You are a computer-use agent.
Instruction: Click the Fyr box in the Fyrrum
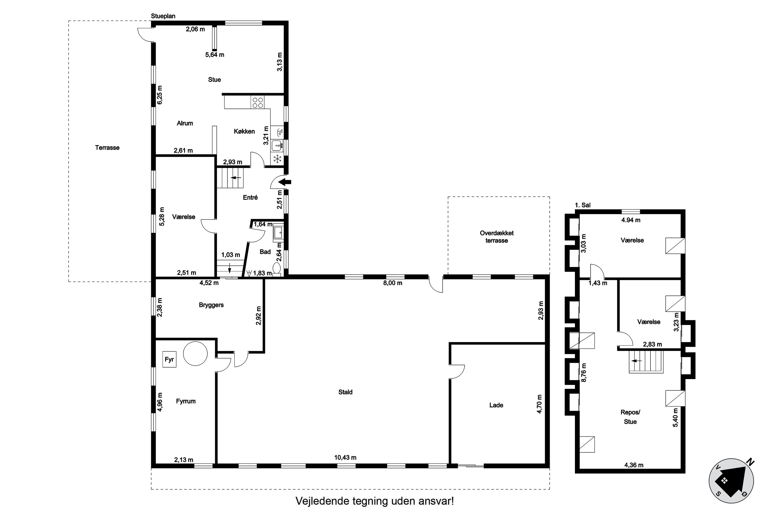coord(169,359)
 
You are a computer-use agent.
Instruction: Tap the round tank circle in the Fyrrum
coord(195,354)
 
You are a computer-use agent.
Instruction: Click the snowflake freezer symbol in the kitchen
coord(278,159)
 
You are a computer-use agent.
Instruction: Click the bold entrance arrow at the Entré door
coord(284,182)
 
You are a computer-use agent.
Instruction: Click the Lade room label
coord(496,405)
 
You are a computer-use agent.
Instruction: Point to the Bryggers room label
coord(211,305)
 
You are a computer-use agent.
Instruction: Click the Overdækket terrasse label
coord(497,237)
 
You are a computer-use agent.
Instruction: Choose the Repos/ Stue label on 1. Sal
coord(630,417)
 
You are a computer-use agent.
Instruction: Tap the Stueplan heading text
coord(163,16)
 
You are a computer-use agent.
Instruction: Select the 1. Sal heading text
coord(583,205)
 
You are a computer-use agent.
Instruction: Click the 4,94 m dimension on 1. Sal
coord(631,220)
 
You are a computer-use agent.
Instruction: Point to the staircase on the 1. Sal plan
coord(646,362)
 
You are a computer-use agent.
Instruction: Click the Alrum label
coord(185,123)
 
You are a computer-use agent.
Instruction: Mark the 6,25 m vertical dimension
coord(160,95)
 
